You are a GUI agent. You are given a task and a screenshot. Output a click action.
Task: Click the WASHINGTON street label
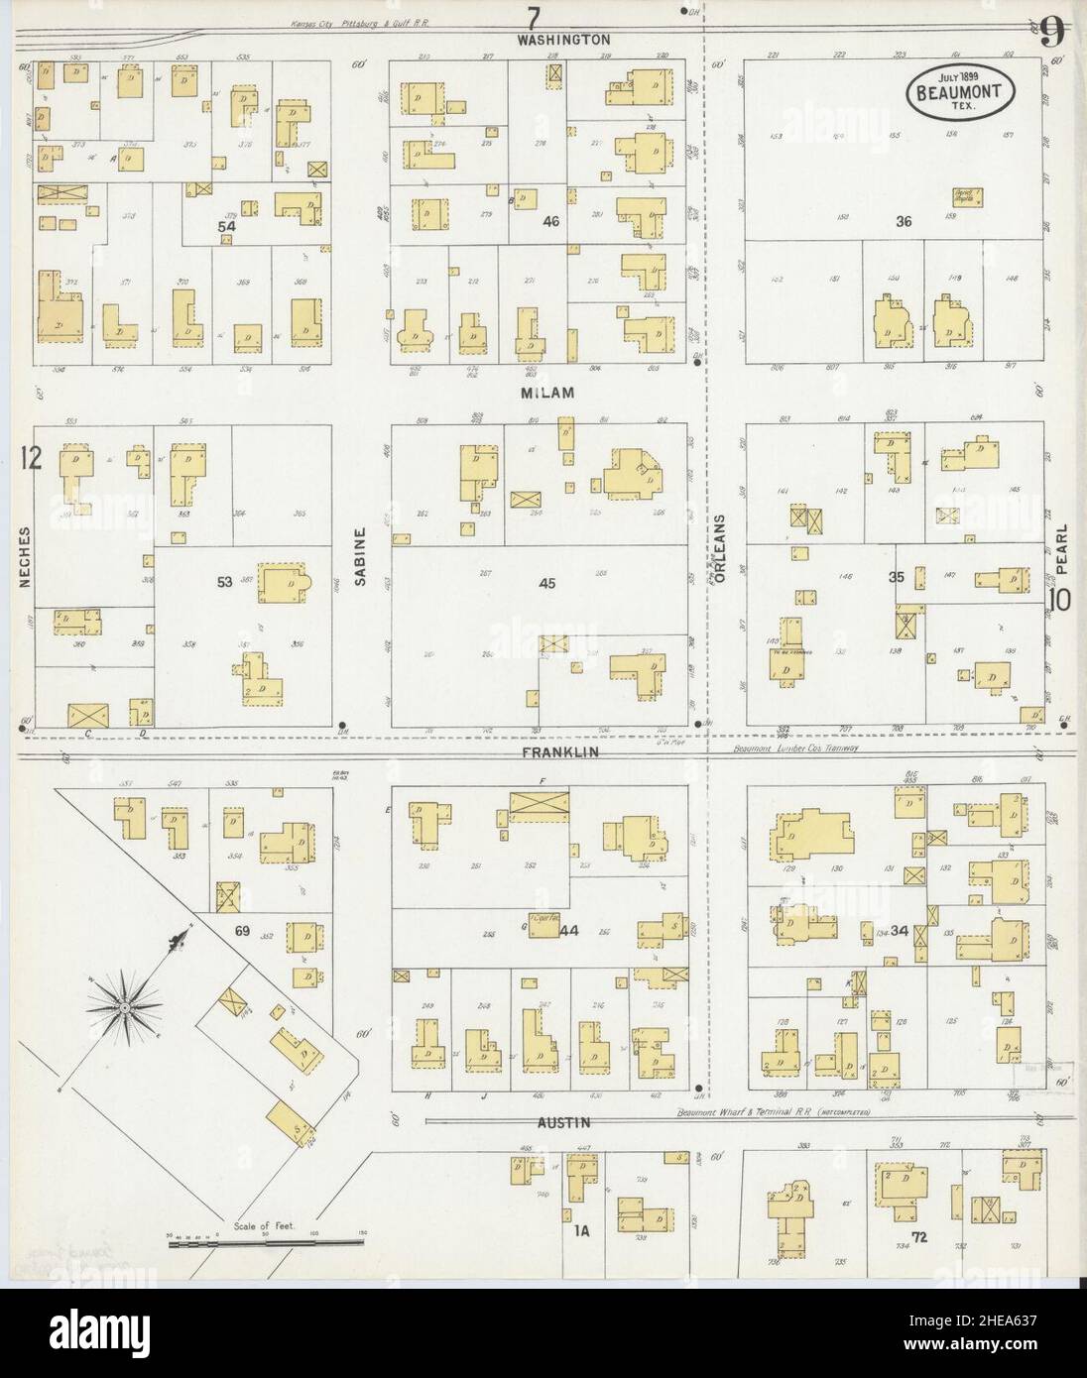(563, 40)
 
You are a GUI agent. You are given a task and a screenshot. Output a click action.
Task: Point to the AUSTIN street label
(565, 1123)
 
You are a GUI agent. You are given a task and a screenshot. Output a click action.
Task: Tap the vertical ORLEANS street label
(723, 546)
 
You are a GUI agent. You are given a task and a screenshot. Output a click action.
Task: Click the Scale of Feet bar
(266, 1239)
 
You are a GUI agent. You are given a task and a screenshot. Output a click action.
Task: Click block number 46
(551, 221)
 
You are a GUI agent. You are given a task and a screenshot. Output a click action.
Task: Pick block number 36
(903, 221)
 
